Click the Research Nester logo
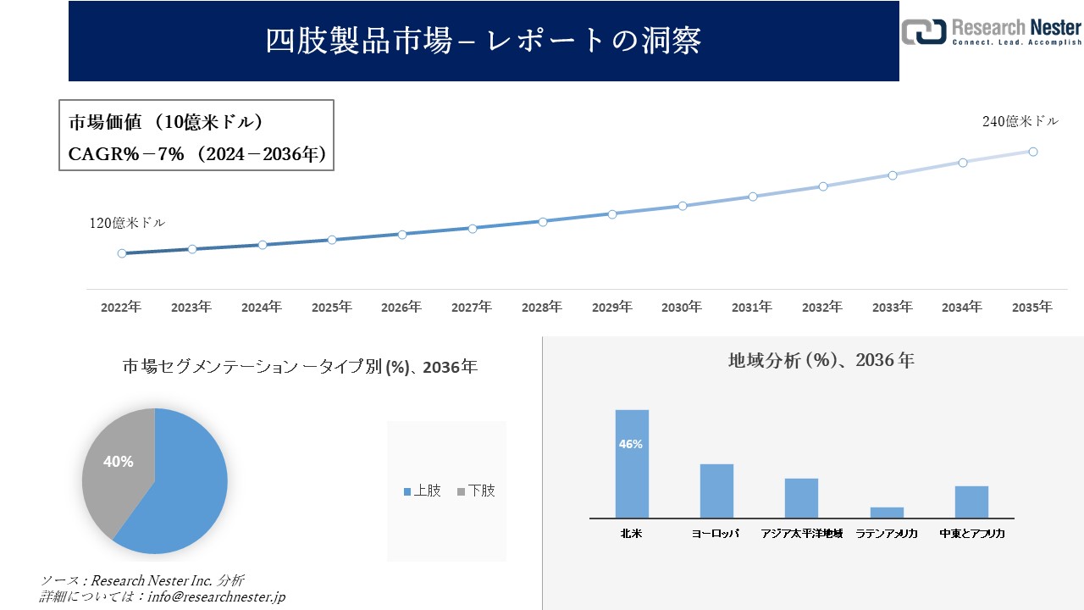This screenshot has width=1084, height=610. coord(991,31)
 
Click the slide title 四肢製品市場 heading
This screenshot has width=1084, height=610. coord(484,41)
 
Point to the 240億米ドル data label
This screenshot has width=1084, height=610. coord(1020,122)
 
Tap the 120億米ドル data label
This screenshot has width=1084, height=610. coord(127,224)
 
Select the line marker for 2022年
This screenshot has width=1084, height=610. coord(122,253)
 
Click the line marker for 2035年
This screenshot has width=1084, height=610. coord(1033,152)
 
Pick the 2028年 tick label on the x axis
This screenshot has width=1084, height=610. coord(541,308)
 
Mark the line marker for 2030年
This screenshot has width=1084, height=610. coord(683,206)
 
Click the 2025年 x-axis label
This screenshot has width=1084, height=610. coord(331,308)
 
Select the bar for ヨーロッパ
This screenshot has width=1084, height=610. coord(716,491)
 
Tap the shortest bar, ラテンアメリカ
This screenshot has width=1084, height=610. coord(887,513)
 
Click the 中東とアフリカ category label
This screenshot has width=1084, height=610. coord(971,534)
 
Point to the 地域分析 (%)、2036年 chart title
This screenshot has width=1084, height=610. coord(821,360)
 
